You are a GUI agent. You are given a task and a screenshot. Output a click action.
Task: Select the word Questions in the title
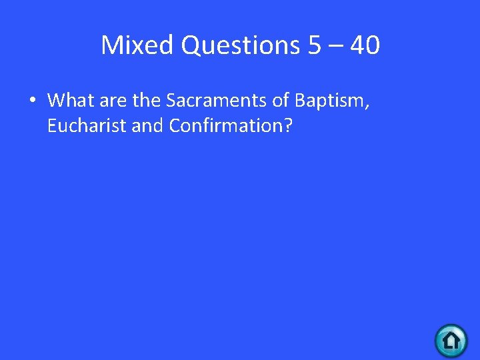241,45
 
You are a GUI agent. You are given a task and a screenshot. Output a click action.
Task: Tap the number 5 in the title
315,45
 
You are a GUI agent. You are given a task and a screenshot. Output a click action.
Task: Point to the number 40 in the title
365,45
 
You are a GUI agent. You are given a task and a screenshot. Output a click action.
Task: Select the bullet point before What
31,101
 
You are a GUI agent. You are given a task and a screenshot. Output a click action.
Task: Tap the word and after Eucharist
147,126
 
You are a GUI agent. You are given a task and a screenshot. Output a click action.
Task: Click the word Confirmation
225,126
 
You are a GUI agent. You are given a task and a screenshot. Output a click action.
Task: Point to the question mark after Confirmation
287,126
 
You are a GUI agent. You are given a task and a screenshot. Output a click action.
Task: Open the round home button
451,341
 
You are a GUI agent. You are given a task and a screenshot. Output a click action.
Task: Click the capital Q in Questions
191,45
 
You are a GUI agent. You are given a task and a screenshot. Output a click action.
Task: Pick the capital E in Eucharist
52,126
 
